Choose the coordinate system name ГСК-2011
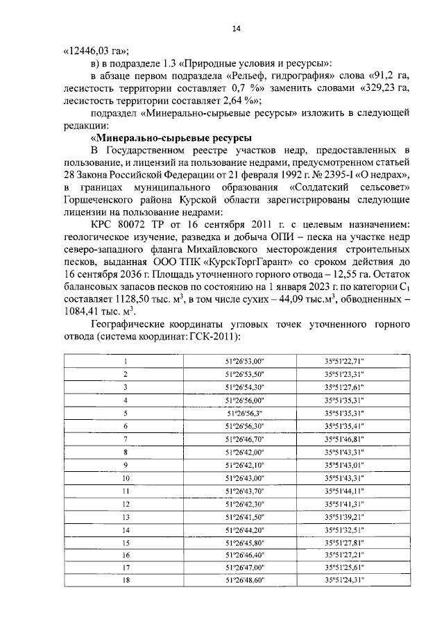[215, 337]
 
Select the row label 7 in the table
[126, 439]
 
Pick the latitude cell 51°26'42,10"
[246, 464]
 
